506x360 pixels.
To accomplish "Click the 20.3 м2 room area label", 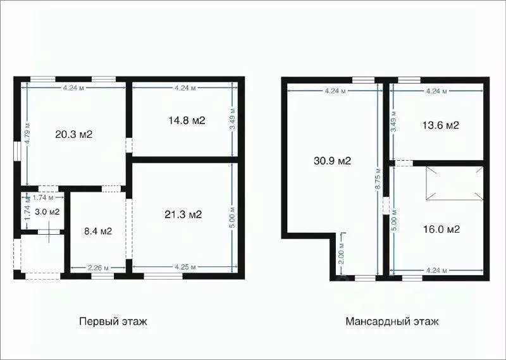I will [75, 134].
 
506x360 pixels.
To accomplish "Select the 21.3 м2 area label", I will [184, 214].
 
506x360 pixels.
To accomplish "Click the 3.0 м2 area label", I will [47, 211].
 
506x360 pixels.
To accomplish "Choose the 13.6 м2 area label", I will [440, 125].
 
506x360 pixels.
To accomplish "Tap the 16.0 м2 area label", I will [441, 229].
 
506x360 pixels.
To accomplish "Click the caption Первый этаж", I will [113, 321].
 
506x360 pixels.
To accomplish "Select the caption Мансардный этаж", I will [392, 321].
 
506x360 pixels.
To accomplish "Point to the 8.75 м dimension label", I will [378, 179].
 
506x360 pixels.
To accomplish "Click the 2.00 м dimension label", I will [342, 253].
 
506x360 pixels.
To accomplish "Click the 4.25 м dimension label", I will [184, 267].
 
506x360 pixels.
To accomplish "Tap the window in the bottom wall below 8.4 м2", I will [102, 276].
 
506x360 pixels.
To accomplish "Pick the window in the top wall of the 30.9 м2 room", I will [364, 79].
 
